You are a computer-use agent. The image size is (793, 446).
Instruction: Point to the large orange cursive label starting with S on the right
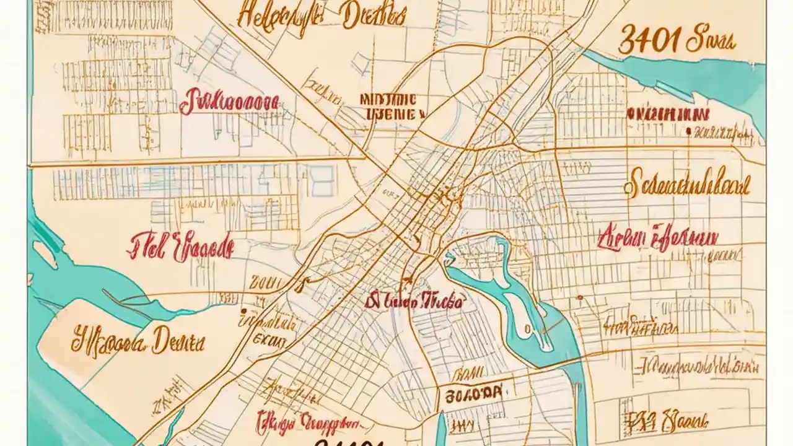(688, 185)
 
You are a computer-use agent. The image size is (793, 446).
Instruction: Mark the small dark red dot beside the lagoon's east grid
(579, 298)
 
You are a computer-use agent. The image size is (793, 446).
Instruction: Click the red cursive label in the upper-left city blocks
(229, 103)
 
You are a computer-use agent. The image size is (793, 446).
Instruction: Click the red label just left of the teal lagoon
(413, 302)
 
